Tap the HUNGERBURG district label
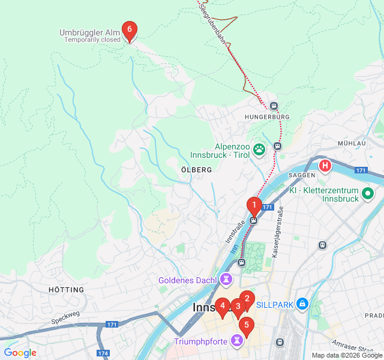coord(267,116)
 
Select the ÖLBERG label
coord(196,170)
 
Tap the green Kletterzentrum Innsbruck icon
coord(368,194)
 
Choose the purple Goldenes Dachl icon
coord(226,280)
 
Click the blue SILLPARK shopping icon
coord(302,305)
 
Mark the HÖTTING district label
coord(66,290)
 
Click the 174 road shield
coord(103,353)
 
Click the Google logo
coord(20,353)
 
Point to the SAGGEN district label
coord(302,175)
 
